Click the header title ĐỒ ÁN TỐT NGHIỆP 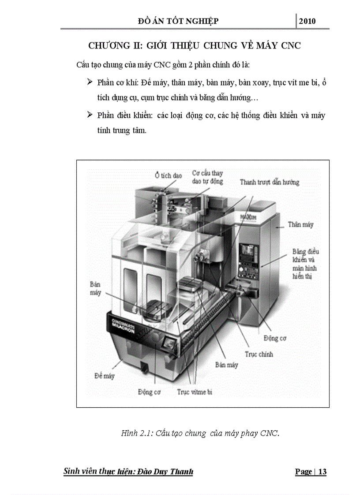click(x=178, y=21)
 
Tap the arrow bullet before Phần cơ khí click(x=90, y=82)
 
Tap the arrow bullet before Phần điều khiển click(x=90, y=115)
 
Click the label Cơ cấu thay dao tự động click(x=207, y=177)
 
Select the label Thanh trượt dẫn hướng click(x=269, y=182)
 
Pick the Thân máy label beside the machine click(x=300, y=224)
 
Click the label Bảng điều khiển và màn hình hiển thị click(x=305, y=264)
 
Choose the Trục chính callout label click(x=259, y=354)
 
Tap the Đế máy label click(x=104, y=376)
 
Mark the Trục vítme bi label click(x=195, y=391)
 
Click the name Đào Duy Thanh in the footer click(x=167, y=472)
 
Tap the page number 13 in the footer click(x=322, y=472)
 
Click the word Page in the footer click(x=303, y=472)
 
